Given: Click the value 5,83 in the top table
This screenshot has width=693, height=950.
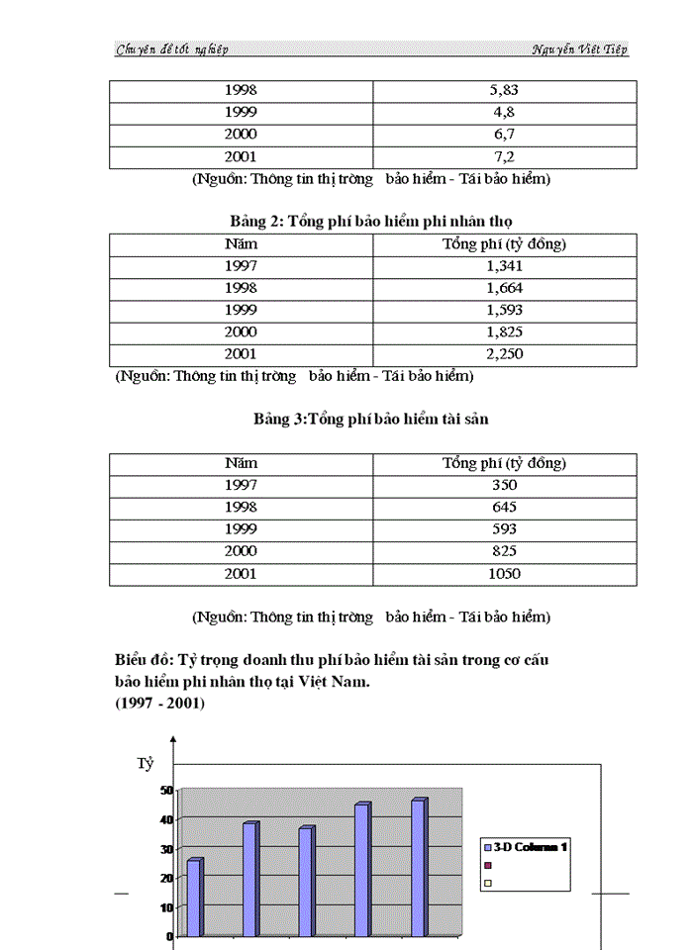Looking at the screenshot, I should point(504,90).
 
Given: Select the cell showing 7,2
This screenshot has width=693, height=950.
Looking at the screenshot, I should point(504,156).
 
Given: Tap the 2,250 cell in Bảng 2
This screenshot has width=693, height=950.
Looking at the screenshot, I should point(504,354).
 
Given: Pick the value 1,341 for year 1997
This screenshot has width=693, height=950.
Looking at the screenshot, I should point(504,266).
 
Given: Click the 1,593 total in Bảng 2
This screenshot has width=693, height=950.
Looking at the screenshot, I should point(504,310).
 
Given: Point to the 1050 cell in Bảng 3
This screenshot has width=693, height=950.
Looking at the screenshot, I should point(504,574).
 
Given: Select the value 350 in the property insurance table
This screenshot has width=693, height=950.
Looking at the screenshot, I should point(504,486).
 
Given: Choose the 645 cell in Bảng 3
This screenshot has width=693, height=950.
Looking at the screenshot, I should point(504,508).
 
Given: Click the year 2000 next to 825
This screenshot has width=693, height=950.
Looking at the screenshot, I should point(241,552).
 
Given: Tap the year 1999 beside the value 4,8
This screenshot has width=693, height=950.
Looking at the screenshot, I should point(241,112).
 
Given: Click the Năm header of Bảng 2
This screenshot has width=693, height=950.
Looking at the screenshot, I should point(241,244).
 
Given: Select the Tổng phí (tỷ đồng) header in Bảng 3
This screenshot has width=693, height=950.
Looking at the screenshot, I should point(504,463).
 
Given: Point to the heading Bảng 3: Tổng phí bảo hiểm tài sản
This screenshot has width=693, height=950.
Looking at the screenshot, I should point(370,420).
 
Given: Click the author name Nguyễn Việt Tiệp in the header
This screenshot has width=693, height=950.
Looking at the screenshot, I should point(579,49).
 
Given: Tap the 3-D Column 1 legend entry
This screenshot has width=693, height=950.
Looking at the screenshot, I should point(530,847).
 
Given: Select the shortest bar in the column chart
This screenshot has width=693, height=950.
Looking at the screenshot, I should point(194,896).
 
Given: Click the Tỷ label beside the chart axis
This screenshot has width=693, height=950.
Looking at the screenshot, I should point(145,764).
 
